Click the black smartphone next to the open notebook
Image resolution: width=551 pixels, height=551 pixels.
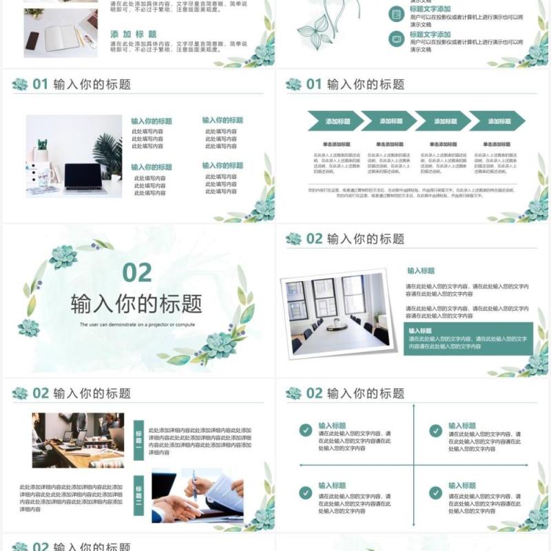tap(32, 41)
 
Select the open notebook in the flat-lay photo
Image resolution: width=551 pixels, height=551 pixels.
tap(62, 38)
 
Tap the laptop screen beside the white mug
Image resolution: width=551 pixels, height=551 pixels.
tap(83, 176)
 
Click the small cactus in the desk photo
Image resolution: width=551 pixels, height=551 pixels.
tap(42, 146)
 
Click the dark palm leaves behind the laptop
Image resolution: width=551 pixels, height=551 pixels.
tap(108, 153)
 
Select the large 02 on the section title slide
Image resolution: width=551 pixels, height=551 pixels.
tap(137, 273)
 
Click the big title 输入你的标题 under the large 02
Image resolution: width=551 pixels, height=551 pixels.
tap(136, 304)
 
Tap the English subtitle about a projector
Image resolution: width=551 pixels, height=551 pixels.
tap(137, 324)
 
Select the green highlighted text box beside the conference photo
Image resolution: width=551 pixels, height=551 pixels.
tap(468, 338)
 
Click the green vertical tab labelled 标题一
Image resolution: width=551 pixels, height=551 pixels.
tap(138, 440)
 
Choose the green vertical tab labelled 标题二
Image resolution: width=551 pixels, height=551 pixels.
tap(138, 495)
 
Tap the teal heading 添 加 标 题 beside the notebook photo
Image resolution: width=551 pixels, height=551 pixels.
tap(134, 34)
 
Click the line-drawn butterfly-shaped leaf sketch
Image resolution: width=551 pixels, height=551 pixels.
tap(313, 32)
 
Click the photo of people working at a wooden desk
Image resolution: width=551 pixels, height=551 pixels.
tap(78, 440)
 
